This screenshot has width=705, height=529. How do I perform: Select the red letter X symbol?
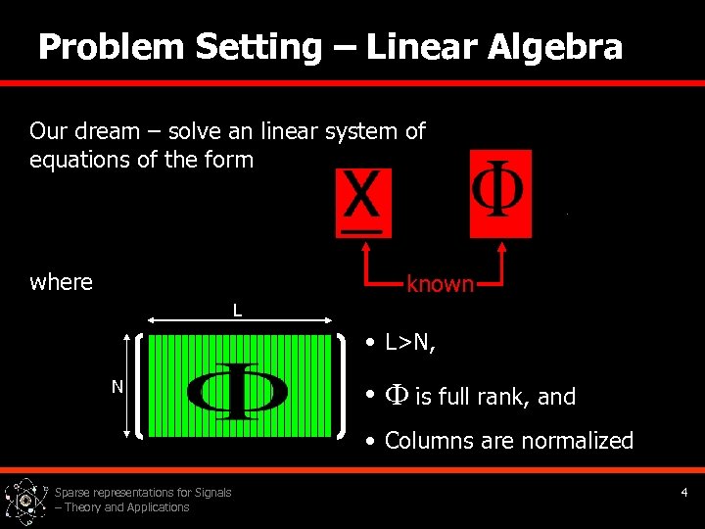(362, 196)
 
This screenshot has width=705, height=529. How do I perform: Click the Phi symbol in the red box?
(499, 193)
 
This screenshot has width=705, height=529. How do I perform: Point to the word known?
(440, 284)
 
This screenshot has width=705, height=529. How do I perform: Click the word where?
(61, 282)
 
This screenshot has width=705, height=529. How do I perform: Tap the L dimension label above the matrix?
(237, 312)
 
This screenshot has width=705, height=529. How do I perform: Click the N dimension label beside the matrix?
(117, 387)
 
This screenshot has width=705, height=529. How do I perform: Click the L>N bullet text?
(410, 343)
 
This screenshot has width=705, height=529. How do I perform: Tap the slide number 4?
(684, 492)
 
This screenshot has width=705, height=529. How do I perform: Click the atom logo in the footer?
(25, 500)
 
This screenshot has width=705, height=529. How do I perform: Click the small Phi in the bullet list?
(397, 396)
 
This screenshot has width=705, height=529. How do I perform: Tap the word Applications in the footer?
(157, 507)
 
